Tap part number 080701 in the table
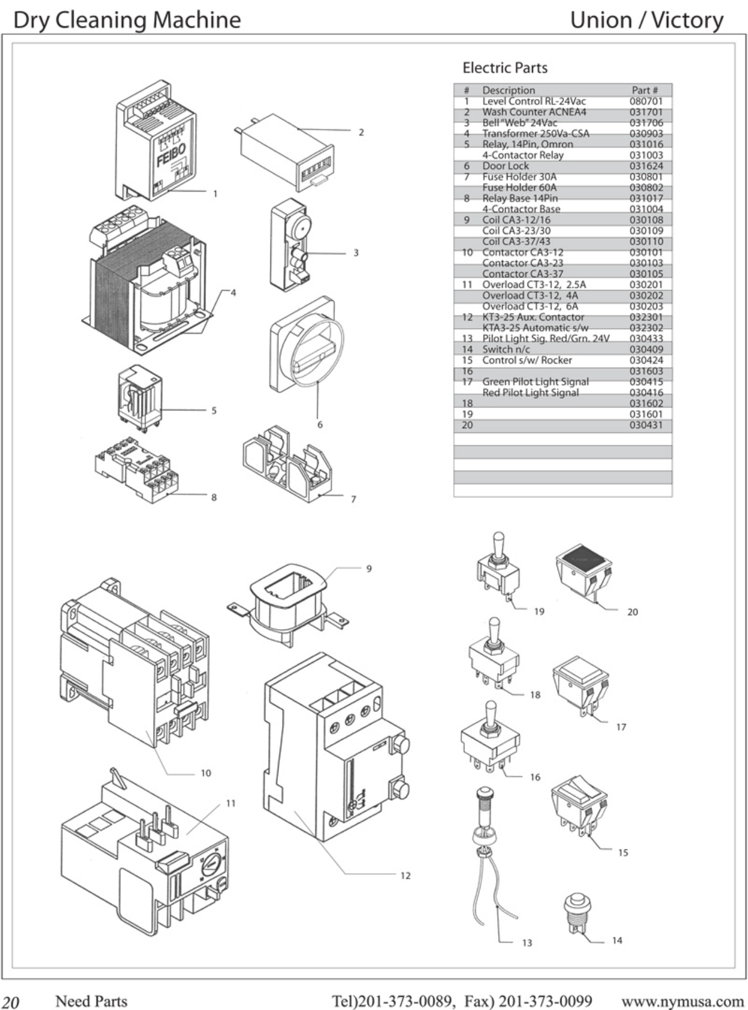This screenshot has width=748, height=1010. (646, 101)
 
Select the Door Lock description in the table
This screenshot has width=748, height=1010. (505, 166)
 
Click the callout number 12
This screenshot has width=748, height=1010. (405, 875)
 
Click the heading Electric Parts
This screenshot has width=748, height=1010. (505, 68)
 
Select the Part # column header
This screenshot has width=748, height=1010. (644, 90)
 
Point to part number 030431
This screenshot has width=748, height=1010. (646, 425)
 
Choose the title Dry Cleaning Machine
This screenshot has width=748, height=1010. (127, 20)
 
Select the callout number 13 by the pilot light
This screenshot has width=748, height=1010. (526, 943)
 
